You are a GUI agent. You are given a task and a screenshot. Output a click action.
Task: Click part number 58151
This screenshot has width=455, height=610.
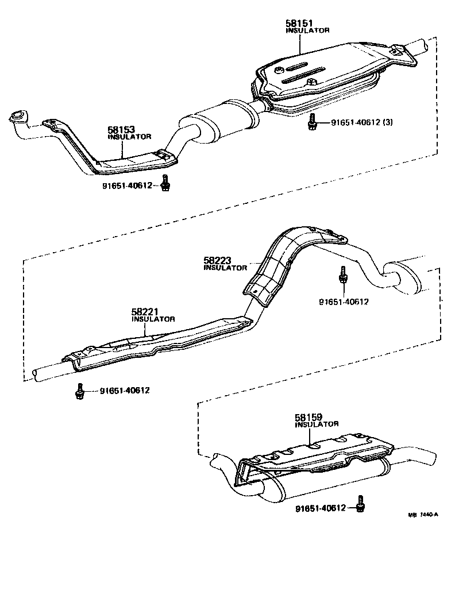click(299, 24)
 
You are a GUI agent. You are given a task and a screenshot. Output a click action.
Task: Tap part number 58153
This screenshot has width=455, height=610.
click(121, 130)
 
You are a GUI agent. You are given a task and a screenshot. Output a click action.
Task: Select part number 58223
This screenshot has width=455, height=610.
click(217, 261)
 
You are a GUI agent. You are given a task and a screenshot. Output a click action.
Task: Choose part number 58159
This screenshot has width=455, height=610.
click(309, 418)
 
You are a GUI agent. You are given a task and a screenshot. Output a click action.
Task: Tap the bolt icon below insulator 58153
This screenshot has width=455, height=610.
click(165, 183)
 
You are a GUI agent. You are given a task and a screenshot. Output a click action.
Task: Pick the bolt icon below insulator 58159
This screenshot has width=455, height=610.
click(360, 504)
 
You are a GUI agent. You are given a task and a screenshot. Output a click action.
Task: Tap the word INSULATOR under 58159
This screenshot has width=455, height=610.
click(317, 424)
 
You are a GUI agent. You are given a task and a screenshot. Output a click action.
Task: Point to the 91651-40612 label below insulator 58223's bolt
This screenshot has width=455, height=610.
click(344, 301)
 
